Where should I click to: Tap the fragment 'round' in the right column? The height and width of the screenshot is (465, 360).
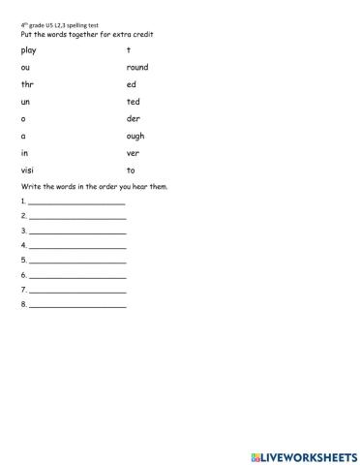(136, 67)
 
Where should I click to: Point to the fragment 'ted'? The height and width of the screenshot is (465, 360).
(133, 101)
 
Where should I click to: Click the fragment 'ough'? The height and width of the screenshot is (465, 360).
(135, 136)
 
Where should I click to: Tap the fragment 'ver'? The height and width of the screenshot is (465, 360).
(133, 152)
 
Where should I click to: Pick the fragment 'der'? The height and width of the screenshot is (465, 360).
(133, 118)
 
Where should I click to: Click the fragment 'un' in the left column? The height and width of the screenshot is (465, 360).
(24, 101)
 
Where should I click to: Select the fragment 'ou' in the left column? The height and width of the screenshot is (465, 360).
(24, 67)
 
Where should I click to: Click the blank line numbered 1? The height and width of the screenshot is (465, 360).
(77, 203)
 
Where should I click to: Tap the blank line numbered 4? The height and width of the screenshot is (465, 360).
(77, 247)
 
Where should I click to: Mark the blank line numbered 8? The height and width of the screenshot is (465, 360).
(77, 306)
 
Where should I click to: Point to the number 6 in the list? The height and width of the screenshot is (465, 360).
(22, 274)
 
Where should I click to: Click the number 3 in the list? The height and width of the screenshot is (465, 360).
(22, 231)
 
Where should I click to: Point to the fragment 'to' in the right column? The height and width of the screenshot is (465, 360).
(131, 170)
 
